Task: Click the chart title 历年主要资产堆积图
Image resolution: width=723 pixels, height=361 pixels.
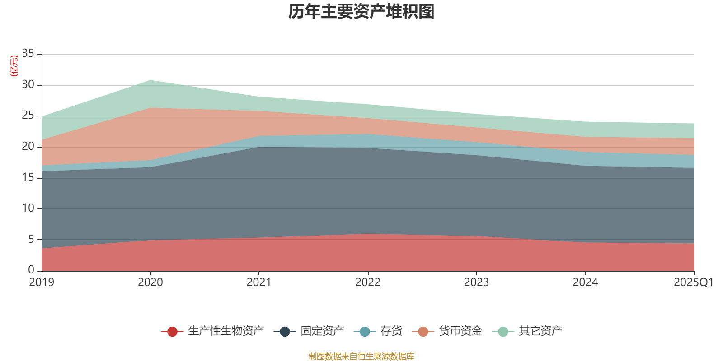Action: click(361, 12)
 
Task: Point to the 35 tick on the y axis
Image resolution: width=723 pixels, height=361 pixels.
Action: click(28, 54)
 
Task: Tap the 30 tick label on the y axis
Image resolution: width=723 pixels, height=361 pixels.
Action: click(28, 85)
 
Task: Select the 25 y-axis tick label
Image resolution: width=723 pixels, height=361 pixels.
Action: click(28, 116)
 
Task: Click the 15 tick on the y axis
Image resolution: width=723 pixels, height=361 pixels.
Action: click(28, 177)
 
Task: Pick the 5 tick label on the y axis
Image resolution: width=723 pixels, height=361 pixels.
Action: click(31, 239)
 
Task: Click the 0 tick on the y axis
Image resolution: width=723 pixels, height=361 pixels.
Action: click(31, 270)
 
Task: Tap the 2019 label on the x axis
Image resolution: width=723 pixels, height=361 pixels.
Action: click(42, 282)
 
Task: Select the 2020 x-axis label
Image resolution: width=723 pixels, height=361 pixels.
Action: click(150, 282)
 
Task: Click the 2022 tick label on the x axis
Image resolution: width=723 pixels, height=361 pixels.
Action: click(368, 282)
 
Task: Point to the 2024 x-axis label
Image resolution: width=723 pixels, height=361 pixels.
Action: click(585, 282)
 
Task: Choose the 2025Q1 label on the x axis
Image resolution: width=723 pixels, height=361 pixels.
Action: click(693, 282)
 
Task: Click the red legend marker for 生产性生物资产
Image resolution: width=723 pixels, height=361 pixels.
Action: click(172, 332)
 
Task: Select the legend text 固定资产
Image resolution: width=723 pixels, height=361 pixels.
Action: click(322, 331)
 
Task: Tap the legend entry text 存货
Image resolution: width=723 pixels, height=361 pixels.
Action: click(391, 331)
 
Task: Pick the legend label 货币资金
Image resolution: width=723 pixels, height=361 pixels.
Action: click(460, 331)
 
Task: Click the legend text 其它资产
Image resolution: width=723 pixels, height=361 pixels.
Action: click(540, 331)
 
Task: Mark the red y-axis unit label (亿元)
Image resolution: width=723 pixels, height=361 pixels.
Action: click(14, 66)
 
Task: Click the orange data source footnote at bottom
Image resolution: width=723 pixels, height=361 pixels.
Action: click(361, 356)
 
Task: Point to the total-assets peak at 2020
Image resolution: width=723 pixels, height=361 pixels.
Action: click(150, 80)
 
